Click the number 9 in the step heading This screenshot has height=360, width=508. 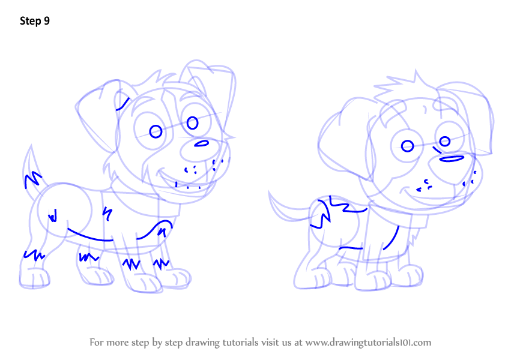(x=47, y=21)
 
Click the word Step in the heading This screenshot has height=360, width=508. (x=31, y=22)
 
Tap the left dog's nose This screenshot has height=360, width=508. (x=202, y=143)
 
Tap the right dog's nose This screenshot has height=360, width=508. (x=452, y=158)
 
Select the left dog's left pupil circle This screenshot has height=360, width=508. (x=156, y=132)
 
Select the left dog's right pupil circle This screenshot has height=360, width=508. (x=192, y=123)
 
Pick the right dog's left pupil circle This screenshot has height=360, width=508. (x=407, y=146)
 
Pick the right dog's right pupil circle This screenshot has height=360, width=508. (x=445, y=141)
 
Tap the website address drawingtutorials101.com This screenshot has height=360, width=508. (x=368, y=343)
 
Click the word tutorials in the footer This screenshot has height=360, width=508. (x=240, y=343)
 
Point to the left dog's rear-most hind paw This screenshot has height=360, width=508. (x=34, y=278)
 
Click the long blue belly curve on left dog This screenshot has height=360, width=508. (x=90, y=236)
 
